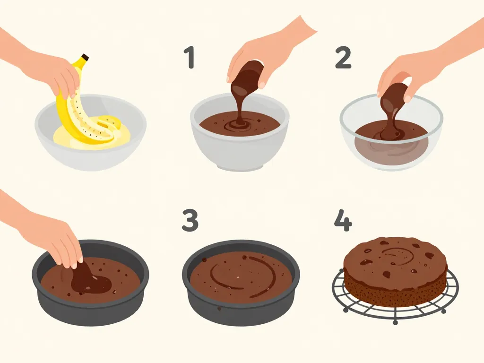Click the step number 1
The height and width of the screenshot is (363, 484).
pos(190,58)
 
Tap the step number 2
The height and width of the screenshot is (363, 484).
pos(343,58)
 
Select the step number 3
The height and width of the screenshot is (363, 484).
pos(190,220)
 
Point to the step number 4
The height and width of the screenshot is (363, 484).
pos(343,220)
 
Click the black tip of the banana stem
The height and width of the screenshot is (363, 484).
pos(85,58)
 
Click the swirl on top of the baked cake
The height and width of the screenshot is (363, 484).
pos(397,255)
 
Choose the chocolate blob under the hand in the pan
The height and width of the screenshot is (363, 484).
pos(90,281)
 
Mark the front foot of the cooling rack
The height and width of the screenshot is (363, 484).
pos(395,322)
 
